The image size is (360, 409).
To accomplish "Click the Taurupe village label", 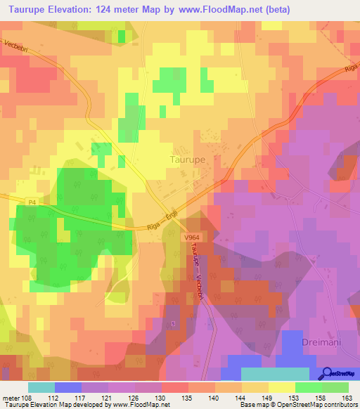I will [188, 160].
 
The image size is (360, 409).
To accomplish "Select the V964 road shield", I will [192, 239].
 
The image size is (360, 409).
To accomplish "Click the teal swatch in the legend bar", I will [41, 387].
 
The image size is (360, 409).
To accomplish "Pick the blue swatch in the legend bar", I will [68, 387].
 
